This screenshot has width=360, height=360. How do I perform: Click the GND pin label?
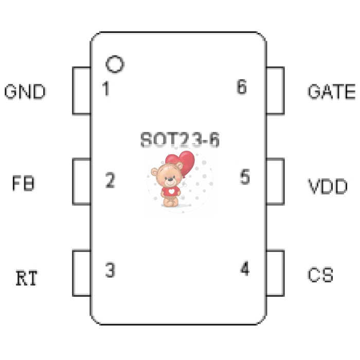[25, 92]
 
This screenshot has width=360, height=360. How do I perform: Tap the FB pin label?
[23, 183]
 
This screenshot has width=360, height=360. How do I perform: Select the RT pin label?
[26, 278]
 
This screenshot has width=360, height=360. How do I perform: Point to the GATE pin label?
[331, 92]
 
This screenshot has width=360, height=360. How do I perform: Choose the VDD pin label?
[328, 186]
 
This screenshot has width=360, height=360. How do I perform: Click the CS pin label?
[320, 275]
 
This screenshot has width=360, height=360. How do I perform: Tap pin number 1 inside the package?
[106, 88]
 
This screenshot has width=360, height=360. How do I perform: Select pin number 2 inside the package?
[110, 180]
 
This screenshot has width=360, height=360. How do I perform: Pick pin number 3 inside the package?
[110, 270]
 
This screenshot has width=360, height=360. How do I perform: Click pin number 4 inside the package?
[245, 268]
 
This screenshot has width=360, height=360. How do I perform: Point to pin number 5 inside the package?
[245, 176]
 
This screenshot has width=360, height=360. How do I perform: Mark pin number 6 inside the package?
[242, 86]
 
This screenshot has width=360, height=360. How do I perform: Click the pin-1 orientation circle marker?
[115, 64]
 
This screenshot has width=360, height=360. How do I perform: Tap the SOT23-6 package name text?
[180, 139]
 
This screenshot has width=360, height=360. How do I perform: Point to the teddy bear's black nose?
[170, 179]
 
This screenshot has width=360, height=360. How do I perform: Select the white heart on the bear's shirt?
[171, 191]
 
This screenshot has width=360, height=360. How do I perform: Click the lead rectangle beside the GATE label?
[276, 91]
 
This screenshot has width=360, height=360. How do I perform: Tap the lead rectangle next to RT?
[82, 273]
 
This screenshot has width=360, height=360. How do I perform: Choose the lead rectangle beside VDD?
[276, 182]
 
